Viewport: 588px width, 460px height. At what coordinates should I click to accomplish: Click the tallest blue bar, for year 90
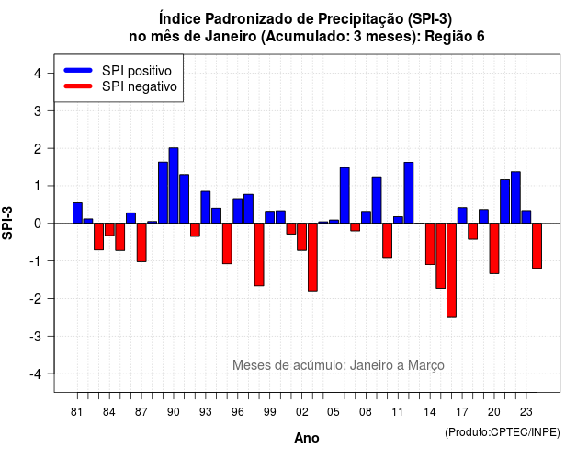(174, 186)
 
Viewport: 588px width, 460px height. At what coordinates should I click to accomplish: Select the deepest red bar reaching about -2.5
(451, 270)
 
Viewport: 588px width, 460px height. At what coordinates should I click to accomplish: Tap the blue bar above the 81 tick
(77, 213)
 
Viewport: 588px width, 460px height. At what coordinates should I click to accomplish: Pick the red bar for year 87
(141, 243)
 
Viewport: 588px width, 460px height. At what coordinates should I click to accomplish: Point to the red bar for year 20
(494, 248)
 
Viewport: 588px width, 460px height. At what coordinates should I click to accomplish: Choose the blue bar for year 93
(206, 207)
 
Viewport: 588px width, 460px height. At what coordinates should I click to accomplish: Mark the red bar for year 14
(430, 244)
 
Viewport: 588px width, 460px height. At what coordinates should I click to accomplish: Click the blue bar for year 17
(462, 215)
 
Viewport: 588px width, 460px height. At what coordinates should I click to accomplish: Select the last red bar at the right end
(537, 246)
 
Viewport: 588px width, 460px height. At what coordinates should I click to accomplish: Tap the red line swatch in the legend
(78, 86)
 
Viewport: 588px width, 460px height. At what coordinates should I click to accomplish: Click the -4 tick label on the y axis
(36, 374)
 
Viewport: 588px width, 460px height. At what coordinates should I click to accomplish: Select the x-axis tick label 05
(334, 412)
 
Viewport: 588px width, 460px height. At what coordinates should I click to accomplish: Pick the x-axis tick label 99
(269, 412)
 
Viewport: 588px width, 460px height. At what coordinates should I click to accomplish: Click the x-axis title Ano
(307, 438)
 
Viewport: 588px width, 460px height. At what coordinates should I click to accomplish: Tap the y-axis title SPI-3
(7, 223)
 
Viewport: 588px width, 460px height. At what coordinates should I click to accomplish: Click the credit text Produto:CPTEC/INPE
(503, 432)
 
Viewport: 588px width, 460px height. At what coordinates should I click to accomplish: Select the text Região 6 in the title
(455, 37)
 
